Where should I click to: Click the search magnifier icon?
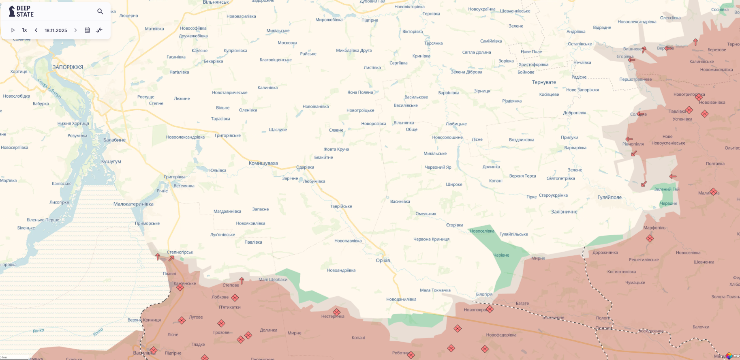100,11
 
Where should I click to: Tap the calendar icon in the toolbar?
87,30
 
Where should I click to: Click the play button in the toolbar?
13,30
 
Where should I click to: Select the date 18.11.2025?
56,30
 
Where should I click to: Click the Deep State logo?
21,11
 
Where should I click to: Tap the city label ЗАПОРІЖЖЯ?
68,67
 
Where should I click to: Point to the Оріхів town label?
383,260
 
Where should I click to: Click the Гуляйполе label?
610,197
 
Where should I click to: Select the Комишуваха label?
263,163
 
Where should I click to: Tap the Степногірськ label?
180,252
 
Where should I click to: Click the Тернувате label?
544,82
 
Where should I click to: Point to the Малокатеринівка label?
133,204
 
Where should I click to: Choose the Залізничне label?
564,212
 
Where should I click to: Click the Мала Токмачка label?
435,290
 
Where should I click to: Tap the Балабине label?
114,140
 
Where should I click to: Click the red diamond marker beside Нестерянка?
336,312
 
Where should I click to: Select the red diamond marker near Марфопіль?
650,238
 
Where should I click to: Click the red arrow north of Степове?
242,281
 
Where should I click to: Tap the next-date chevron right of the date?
75,30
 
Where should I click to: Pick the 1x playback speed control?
24,30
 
